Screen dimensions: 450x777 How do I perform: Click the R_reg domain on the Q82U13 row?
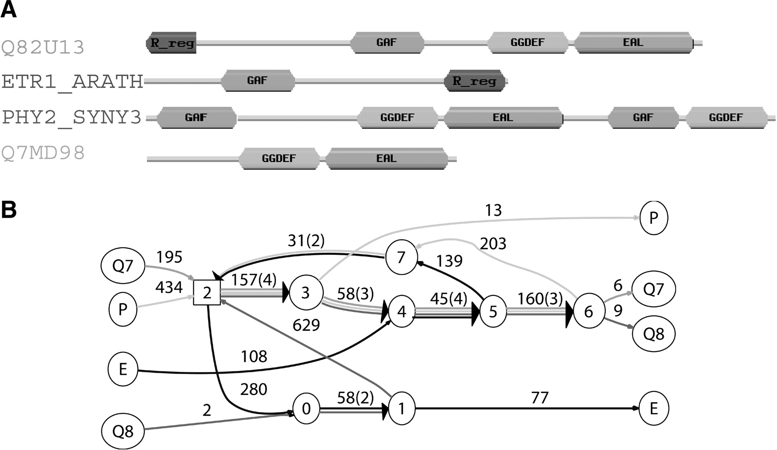(x=171, y=43)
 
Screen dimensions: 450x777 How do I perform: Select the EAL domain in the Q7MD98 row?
(x=386, y=158)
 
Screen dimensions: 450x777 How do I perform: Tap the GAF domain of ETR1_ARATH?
(x=258, y=81)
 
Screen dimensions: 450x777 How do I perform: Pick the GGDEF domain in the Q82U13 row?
(x=527, y=42)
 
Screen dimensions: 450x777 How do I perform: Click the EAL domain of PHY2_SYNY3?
(x=503, y=117)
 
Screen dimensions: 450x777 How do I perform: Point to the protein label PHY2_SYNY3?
(x=72, y=117)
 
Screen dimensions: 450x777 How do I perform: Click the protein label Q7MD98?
(x=43, y=153)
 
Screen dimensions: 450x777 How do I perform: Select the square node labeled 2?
(x=207, y=293)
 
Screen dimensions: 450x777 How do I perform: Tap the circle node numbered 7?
(x=401, y=257)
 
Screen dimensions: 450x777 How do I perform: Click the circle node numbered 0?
(x=306, y=408)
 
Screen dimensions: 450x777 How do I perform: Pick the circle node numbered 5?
(x=493, y=311)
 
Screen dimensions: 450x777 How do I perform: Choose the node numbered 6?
(x=588, y=311)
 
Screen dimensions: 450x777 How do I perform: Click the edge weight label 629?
(x=306, y=325)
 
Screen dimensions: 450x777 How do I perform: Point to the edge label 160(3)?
(x=540, y=298)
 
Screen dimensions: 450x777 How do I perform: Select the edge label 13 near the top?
(x=493, y=210)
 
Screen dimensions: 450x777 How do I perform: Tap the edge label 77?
(x=540, y=397)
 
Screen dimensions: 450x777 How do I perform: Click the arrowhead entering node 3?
(x=285, y=293)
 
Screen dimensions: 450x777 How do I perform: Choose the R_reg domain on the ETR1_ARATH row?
(x=474, y=81)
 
